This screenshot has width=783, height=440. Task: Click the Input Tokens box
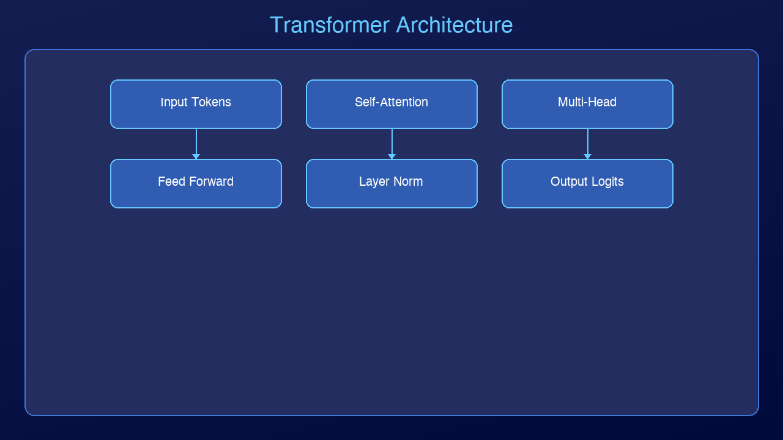point(196,104)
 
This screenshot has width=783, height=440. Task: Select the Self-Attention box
point(391,104)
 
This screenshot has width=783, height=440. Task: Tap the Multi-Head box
point(587,104)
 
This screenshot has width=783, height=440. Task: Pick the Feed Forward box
point(196,183)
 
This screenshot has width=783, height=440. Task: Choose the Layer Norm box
point(391,183)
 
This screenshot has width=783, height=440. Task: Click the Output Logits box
point(587,183)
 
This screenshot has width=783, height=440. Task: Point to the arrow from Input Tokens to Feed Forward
point(196,143)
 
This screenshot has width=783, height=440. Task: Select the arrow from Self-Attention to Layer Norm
point(391,143)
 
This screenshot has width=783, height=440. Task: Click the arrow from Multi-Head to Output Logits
point(587,143)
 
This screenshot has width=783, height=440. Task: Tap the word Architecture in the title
point(455,25)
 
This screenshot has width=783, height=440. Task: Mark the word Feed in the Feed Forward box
point(171,182)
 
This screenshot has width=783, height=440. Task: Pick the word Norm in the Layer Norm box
point(407,182)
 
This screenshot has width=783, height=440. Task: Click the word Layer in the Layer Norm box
point(374,182)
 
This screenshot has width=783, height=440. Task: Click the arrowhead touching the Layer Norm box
point(391,156)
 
